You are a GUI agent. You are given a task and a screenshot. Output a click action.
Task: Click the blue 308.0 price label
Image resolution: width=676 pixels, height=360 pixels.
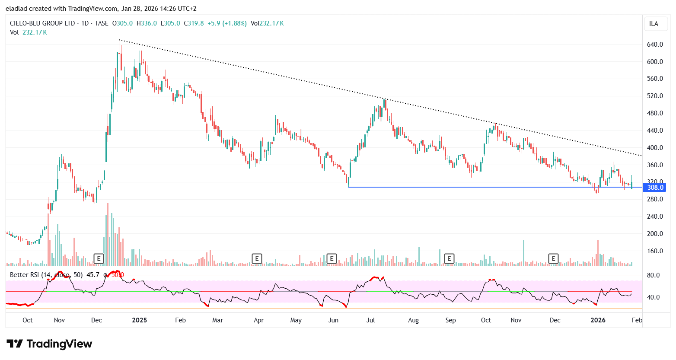654,188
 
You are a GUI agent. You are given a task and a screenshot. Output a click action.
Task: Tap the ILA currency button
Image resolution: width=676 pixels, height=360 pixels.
654,24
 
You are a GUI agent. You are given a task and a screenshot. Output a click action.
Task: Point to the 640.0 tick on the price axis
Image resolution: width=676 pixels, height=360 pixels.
655,45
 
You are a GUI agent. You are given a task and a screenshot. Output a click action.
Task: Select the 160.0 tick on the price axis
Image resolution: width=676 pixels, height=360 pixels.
655,251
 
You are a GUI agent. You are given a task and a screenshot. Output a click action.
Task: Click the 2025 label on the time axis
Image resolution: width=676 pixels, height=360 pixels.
139,320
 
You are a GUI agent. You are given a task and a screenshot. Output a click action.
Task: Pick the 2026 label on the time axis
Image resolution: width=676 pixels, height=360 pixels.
598,320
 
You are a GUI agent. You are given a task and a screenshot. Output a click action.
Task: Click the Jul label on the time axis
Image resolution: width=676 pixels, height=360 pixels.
370,320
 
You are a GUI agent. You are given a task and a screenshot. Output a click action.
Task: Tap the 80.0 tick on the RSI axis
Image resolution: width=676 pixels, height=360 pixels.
653,275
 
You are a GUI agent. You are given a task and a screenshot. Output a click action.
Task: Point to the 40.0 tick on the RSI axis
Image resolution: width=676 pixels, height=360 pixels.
653,297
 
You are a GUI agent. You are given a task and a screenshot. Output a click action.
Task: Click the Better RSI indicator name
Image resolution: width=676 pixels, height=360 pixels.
25,275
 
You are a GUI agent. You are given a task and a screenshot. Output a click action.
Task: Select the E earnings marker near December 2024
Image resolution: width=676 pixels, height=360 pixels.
99,259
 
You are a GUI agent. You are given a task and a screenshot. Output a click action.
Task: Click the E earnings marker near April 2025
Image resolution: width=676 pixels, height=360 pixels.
257,259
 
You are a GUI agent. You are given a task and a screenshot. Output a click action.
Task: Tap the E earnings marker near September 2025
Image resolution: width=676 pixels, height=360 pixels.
449,259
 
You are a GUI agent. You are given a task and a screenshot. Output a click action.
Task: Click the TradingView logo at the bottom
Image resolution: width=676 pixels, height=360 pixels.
49,344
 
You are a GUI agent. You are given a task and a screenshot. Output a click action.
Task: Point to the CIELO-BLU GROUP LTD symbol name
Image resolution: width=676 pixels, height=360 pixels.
42,23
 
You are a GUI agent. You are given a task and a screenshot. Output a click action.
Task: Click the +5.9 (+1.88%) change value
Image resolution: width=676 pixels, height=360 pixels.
227,23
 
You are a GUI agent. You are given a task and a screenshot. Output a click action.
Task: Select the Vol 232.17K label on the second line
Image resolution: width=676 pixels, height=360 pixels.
29,32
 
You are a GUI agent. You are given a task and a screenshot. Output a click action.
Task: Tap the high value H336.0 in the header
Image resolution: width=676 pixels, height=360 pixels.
147,23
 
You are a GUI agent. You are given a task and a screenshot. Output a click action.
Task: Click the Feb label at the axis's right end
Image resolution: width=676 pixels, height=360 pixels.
637,320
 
